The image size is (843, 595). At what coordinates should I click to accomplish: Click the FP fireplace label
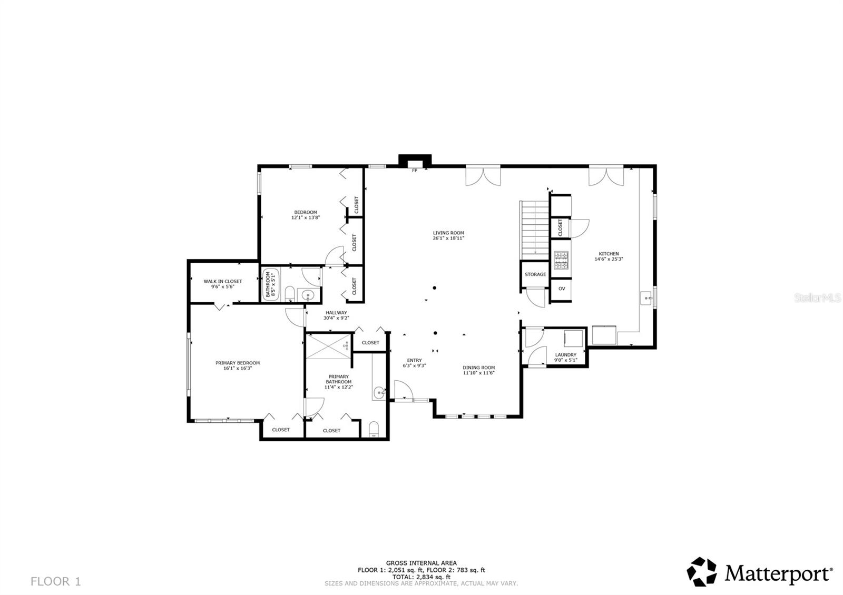coord(415,171)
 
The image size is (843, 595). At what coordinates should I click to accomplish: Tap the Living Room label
coord(448,233)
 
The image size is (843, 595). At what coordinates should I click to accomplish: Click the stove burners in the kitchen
coord(561,260)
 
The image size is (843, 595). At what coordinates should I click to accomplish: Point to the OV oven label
coord(562,289)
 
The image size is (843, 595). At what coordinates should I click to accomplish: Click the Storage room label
coord(535,274)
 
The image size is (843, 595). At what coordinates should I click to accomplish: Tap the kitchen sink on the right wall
coord(646,299)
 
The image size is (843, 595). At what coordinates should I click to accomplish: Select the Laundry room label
coord(565,355)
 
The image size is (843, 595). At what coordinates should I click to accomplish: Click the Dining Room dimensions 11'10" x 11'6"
coord(478,373)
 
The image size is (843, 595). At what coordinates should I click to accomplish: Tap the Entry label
coord(414,360)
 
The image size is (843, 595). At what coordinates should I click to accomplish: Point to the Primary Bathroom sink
coord(379,392)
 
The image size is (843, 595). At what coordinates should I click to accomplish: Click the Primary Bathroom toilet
coord(374,429)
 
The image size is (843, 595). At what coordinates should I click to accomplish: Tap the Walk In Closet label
coord(223,281)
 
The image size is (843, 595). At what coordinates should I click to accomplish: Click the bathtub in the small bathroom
coord(268,284)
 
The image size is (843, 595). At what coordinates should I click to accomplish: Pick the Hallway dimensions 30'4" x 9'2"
coord(336,318)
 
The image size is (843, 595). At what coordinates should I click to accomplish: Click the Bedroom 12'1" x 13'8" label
coord(306,215)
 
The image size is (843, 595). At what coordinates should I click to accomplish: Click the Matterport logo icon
coord(702,572)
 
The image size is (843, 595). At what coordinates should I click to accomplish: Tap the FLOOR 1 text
coord(55,581)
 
